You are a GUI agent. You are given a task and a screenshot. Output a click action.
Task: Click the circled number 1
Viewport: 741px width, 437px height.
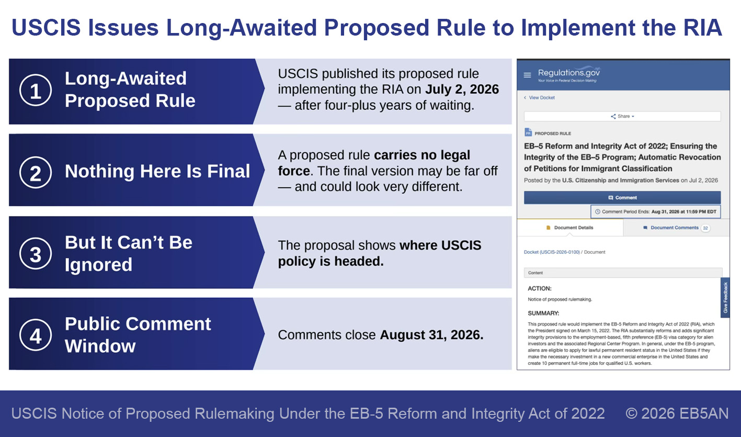coord(36,90)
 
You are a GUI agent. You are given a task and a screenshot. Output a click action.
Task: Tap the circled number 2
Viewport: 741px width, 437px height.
coord(36,172)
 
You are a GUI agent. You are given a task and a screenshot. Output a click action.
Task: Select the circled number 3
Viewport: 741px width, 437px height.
coord(36,254)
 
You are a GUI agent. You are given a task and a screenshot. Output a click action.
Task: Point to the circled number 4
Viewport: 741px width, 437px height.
coord(36,335)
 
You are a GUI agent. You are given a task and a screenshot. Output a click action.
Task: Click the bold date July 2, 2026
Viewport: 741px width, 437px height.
coord(462,89)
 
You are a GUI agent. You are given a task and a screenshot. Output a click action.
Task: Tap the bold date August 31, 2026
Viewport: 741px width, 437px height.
coord(432,335)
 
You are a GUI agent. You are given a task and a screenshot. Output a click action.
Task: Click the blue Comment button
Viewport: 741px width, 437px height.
coord(622,198)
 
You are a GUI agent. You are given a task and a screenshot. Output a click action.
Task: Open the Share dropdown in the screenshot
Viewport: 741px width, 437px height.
coord(622,116)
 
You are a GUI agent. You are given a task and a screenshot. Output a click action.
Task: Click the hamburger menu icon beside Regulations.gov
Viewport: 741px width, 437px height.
coord(527,75)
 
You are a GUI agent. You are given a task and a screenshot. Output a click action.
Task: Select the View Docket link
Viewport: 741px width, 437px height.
coord(539,98)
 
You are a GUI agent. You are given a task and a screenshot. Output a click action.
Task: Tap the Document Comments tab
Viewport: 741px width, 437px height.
coord(674,228)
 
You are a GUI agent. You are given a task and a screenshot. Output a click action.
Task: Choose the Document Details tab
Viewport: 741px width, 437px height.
coord(569,228)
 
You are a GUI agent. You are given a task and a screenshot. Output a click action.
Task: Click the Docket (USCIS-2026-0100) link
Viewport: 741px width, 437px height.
coord(552,252)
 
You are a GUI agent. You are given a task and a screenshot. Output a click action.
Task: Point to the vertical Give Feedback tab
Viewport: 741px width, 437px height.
coord(725,298)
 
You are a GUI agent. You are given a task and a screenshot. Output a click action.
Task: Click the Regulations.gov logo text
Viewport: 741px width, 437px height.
coord(568,73)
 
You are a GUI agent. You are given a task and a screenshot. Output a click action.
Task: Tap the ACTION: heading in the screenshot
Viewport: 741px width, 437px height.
coord(540,288)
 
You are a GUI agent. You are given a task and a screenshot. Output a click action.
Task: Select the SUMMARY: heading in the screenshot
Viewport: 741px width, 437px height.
coord(543,313)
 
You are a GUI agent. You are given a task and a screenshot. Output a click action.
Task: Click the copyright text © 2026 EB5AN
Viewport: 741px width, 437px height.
coord(677,413)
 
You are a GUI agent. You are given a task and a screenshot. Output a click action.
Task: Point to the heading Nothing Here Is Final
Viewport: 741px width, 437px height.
coord(157,171)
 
